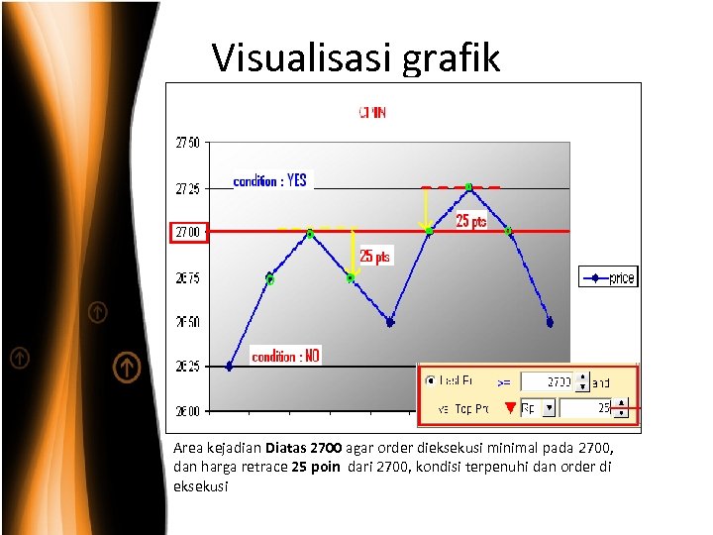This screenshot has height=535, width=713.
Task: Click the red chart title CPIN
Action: click(x=372, y=113)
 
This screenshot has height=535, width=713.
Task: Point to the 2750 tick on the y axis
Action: click(x=188, y=143)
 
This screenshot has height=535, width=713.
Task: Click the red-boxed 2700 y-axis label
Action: click(x=187, y=232)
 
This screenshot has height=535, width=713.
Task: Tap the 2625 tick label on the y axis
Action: click(x=188, y=367)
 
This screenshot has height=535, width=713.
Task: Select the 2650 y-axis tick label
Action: click(x=188, y=322)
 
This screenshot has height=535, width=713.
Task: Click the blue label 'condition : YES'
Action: click(x=269, y=181)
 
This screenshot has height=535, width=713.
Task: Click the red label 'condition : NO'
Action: click(x=286, y=356)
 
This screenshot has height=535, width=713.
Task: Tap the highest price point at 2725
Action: click(x=468, y=186)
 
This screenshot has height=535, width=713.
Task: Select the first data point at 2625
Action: click(x=230, y=366)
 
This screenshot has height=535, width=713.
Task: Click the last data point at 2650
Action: click(x=550, y=322)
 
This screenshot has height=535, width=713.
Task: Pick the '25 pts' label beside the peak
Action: click(x=471, y=222)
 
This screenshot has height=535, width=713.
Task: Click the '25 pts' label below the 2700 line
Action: click(x=375, y=257)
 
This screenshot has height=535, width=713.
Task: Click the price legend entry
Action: click(x=607, y=278)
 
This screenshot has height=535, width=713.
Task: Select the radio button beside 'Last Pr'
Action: click(x=430, y=380)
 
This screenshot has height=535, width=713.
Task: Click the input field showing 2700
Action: click(x=548, y=381)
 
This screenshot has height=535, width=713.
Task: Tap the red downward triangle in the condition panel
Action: click(x=510, y=407)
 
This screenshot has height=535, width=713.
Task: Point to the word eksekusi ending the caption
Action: click(x=201, y=486)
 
